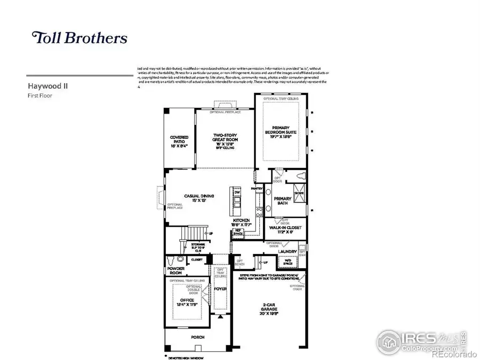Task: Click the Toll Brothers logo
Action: [80, 38]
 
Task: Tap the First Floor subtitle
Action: [39, 95]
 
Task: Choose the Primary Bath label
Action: [282, 201]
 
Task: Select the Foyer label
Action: [220, 289]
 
